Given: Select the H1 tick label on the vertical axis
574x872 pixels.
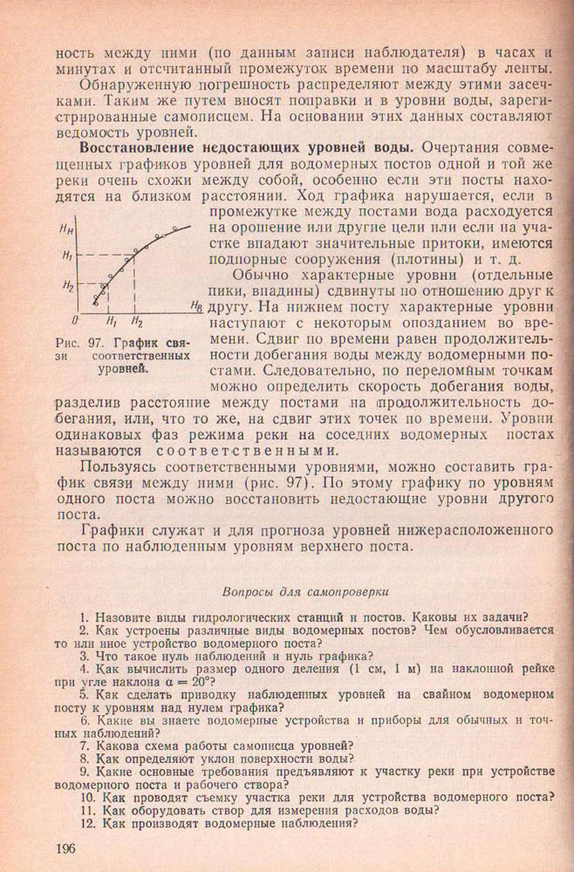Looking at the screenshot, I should point(67,255).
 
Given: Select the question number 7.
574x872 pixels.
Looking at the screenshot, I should point(85,745).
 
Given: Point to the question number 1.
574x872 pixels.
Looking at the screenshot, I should point(85,611).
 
